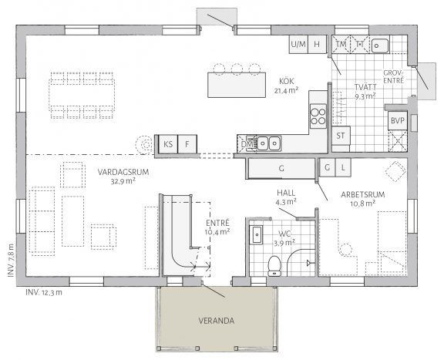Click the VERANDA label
(217, 321)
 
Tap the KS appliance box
(167, 144)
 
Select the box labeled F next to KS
(187, 144)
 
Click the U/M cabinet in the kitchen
(298, 44)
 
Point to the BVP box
(397, 121)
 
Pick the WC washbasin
(257, 235)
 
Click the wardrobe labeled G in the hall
(282, 167)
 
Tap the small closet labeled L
(342, 167)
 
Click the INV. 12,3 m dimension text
(44, 293)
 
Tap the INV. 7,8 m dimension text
(10, 263)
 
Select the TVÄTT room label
(365, 87)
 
